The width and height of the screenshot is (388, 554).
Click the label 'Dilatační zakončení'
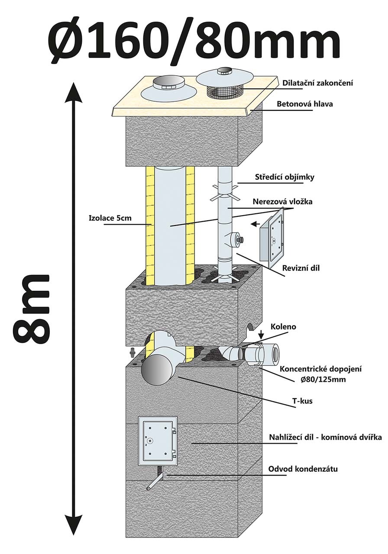[317, 83]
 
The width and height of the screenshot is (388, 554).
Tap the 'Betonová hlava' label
[305, 104]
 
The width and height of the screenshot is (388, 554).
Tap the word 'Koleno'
[284, 327]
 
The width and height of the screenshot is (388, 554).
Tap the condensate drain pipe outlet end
[149, 488]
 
